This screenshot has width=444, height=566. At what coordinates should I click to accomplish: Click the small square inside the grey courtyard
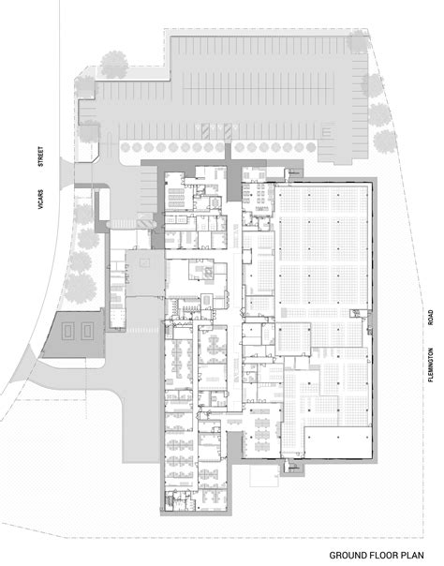point(144,263)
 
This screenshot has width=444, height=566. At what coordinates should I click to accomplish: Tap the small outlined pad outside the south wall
point(293,466)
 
